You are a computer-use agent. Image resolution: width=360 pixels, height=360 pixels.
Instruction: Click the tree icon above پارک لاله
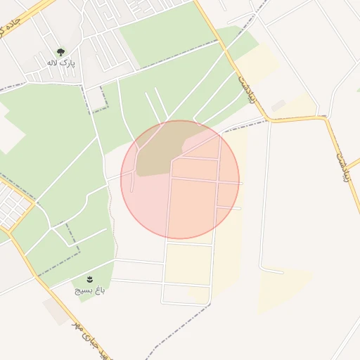click(x=60, y=51)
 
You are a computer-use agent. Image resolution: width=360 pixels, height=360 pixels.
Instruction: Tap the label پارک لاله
click(x=61, y=63)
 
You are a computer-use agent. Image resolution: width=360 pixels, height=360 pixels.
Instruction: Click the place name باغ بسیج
click(x=91, y=290)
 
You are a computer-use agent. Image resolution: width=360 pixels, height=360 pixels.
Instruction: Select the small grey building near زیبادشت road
click(x=278, y=105)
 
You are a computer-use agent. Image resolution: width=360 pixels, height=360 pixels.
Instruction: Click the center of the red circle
click(x=180, y=179)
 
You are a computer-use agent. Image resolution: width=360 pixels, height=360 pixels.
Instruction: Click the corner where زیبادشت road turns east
click(x=269, y=119)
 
